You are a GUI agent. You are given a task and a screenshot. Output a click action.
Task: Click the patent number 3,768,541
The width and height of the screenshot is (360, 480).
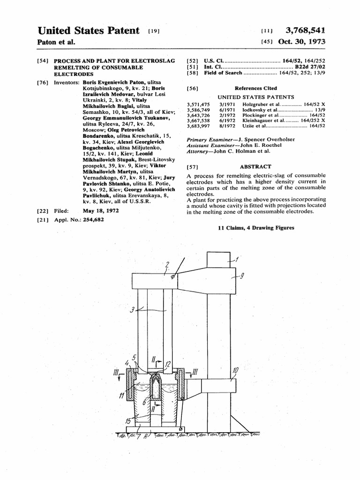point(305,31)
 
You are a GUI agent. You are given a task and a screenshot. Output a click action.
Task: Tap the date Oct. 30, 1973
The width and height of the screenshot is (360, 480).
point(301,42)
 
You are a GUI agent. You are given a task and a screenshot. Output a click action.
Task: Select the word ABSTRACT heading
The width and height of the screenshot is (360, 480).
point(255,166)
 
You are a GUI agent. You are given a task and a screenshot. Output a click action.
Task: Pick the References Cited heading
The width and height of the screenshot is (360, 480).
point(255,88)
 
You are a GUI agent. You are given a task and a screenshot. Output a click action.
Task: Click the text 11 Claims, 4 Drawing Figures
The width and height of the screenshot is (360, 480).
point(256,228)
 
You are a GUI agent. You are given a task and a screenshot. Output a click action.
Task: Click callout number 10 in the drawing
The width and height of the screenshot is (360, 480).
point(235,371)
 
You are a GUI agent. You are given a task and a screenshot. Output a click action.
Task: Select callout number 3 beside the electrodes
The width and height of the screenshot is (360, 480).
point(132,310)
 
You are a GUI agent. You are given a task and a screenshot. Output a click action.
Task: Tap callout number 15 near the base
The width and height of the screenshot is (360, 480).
point(128,421)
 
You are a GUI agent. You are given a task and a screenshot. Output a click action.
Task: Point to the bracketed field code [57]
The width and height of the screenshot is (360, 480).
point(192,167)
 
